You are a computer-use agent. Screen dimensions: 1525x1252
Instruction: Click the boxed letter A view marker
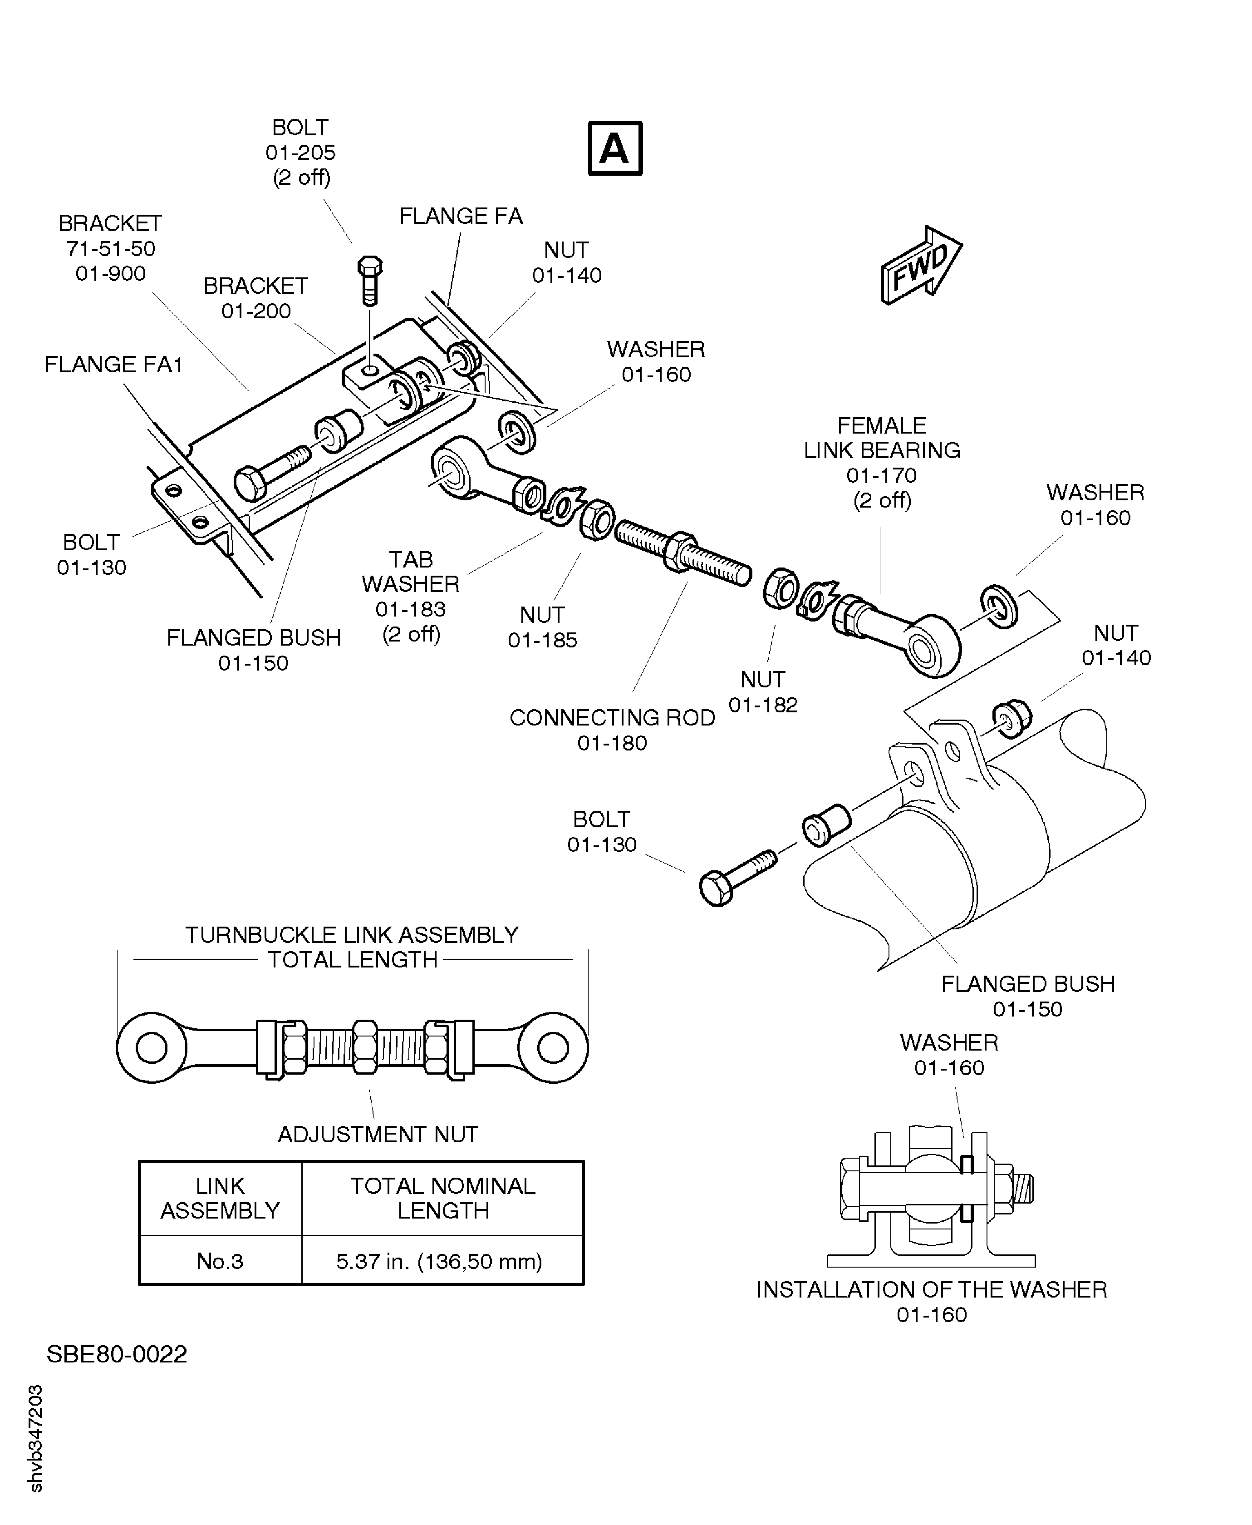(x=614, y=148)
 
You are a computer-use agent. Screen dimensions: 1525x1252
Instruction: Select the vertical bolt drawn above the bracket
(x=370, y=281)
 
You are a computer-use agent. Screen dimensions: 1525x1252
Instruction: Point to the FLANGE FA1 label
(x=113, y=364)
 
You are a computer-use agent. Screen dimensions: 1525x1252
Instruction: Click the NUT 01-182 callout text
(x=762, y=692)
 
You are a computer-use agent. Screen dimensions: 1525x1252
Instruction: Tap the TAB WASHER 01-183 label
(x=410, y=596)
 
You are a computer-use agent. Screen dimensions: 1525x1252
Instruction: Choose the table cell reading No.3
(x=220, y=1261)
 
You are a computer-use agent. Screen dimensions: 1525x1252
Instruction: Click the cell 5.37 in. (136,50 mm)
(x=439, y=1261)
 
